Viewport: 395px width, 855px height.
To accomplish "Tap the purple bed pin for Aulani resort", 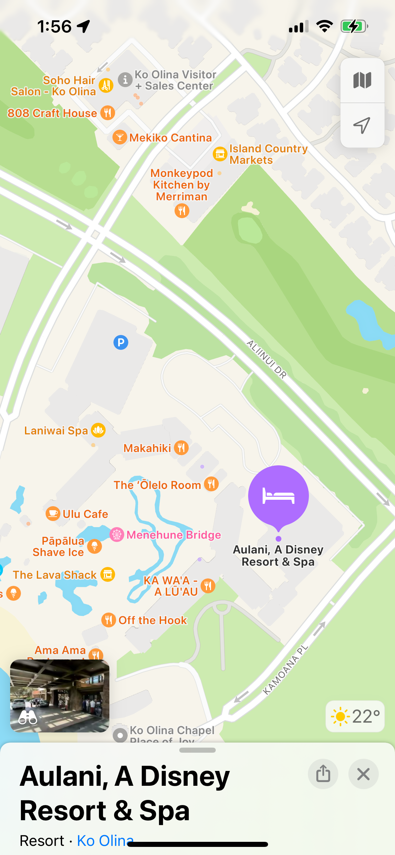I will tap(278, 496).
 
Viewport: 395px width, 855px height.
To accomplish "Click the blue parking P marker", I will tap(121, 342).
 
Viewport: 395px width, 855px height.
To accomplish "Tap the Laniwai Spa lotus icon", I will tap(98, 430).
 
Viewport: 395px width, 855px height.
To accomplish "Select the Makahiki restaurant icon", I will tap(181, 448).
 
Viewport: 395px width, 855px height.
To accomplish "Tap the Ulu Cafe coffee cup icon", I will tap(53, 514).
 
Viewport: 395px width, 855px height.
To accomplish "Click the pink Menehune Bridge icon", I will tap(117, 535).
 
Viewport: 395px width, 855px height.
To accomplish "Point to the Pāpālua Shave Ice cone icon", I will tap(95, 546).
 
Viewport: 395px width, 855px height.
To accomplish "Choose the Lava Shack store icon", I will tap(108, 574).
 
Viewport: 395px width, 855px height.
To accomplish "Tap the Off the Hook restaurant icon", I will tap(108, 620).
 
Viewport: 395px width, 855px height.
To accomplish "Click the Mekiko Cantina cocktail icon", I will tap(120, 137).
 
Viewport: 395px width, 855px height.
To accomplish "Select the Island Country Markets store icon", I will tap(220, 154).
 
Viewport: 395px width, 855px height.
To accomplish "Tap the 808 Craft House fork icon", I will tap(108, 113).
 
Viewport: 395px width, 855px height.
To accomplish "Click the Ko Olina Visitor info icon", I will tap(125, 80).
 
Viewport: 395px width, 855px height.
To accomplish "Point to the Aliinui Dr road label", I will tap(267, 359).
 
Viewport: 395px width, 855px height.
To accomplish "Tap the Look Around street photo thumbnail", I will tap(60, 696).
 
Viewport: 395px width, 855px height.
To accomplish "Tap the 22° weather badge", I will tap(355, 716).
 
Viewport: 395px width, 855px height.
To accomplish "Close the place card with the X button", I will tap(363, 774).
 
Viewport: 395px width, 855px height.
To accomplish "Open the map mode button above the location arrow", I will tap(362, 80).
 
